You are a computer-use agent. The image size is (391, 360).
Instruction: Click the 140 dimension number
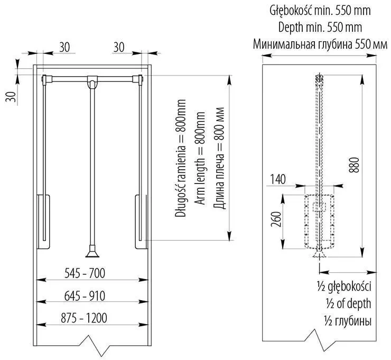click(277, 179)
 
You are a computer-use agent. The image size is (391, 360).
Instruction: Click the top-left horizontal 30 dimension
click(64, 47)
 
